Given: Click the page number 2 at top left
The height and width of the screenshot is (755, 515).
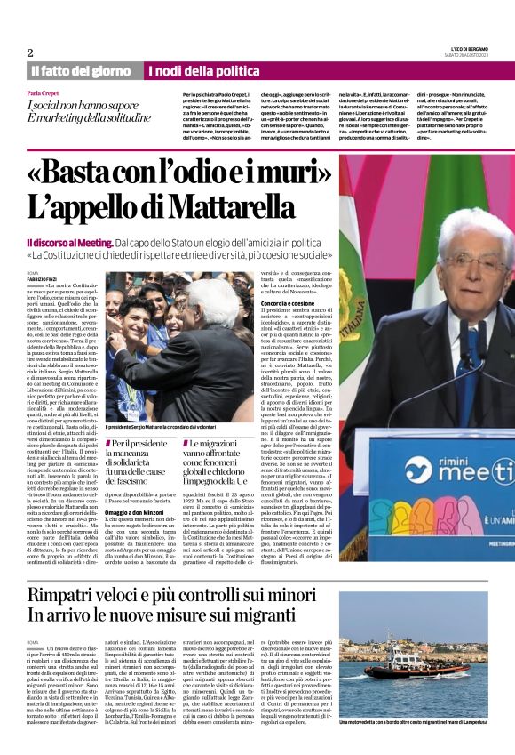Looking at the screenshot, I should (30, 52).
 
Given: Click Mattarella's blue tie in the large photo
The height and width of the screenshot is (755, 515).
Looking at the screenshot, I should (471, 351).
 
